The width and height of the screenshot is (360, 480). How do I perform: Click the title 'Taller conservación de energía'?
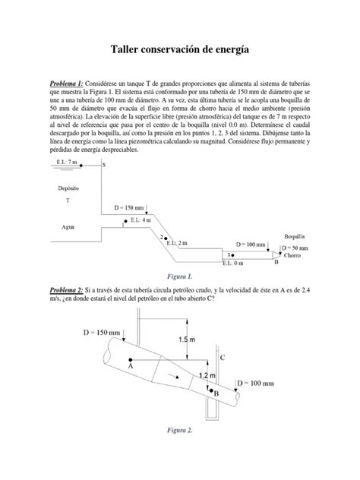180,50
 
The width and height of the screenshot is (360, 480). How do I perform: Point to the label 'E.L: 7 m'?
68,162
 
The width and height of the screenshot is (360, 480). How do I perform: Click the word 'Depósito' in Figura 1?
68,187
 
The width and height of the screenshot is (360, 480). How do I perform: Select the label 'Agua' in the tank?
68,226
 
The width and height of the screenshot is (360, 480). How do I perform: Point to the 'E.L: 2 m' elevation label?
178,242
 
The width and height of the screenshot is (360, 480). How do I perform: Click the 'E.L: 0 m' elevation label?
234,264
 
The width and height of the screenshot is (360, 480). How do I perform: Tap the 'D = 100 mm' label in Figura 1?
251,245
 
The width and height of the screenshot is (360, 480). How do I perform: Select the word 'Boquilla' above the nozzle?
295,236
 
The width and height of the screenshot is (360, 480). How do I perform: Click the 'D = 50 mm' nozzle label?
295,248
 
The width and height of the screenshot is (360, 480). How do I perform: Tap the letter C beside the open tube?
222,357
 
